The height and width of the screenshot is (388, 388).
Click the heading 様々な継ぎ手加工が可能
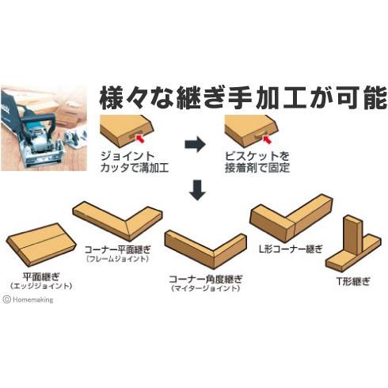(242, 97)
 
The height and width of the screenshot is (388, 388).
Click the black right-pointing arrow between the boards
(193, 146)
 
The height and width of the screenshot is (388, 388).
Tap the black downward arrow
(194, 189)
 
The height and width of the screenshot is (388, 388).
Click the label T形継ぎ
(349, 280)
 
